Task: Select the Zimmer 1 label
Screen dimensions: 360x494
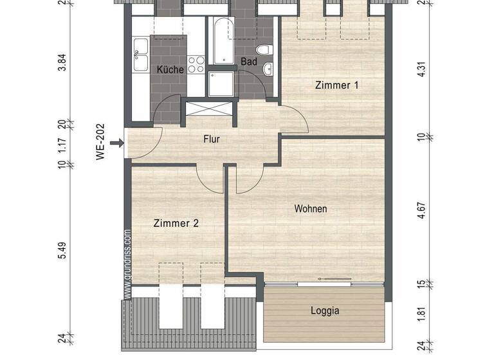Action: tap(336, 85)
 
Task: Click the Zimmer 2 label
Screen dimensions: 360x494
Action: tap(176, 224)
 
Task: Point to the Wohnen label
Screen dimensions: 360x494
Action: tap(311, 209)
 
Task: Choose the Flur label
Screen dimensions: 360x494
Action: tap(213, 139)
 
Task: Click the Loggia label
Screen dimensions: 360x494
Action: tap(325, 310)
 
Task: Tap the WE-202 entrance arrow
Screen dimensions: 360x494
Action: tap(116, 143)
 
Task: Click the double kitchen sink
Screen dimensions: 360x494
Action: tap(140, 54)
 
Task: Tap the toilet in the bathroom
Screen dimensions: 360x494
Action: tap(262, 50)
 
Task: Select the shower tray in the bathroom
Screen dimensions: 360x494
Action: tap(223, 84)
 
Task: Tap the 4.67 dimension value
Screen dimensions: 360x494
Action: tap(421, 212)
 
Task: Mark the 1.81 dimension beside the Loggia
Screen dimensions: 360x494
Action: tap(421, 314)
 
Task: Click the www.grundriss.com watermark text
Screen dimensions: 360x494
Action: tap(127, 264)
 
